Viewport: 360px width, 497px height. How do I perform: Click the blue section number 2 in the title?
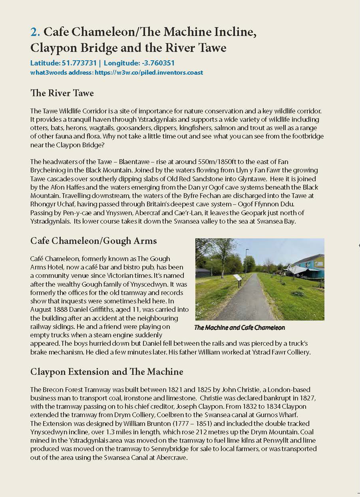coord(35,32)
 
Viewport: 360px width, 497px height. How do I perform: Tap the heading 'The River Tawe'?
coord(62,93)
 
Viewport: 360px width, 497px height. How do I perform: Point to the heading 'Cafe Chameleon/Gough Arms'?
coord(93,241)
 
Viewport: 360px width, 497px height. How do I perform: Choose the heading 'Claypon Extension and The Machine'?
coord(107,372)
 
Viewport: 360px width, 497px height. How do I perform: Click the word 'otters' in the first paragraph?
coord(38,128)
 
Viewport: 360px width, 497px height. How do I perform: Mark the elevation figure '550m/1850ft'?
coord(215,162)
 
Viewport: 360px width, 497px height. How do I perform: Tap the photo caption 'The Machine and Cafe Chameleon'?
coord(239,328)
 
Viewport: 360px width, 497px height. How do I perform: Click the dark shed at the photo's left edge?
coord(203,273)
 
